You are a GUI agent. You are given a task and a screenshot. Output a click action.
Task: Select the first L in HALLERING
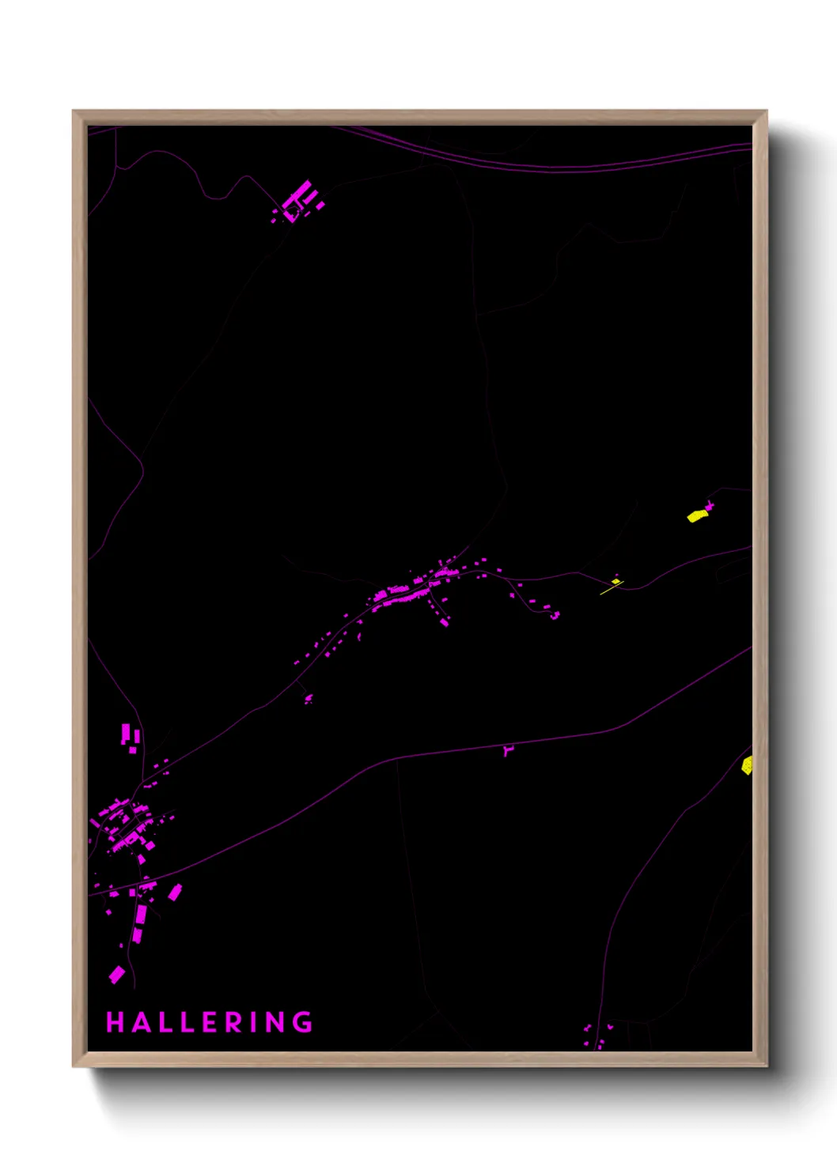[x=164, y=1022]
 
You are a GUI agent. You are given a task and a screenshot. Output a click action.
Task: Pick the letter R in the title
[x=236, y=1022]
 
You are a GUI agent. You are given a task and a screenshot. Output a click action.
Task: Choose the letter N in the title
[x=276, y=1022]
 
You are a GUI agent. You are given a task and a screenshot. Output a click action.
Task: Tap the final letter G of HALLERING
[x=303, y=1022]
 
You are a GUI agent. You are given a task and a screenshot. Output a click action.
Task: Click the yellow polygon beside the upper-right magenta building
[x=696, y=516]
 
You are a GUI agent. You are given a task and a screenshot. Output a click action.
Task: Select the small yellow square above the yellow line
[x=616, y=581]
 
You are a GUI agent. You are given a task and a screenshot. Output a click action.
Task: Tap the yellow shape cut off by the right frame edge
[x=747, y=765]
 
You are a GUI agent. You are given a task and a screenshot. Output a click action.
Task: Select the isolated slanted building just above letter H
[x=117, y=974]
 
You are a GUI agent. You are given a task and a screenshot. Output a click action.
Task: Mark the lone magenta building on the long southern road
[x=508, y=750]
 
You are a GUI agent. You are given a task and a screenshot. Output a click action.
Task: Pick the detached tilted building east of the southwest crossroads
[x=175, y=893]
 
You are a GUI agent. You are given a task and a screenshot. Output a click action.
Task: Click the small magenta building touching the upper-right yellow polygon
[x=710, y=505]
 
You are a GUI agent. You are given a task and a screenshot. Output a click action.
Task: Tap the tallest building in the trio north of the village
[x=125, y=734]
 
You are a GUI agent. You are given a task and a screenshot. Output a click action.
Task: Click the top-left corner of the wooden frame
[x=74, y=111]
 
